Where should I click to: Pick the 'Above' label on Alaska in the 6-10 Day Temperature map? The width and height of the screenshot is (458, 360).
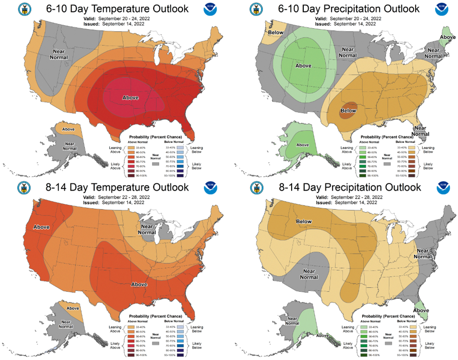[x=68, y=129]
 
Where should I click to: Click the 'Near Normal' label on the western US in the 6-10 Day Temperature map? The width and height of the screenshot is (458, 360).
[x=59, y=54]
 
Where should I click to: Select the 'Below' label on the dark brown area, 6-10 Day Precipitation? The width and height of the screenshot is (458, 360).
[x=348, y=111]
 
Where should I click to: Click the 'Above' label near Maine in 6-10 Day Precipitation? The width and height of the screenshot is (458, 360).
[x=448, y=37]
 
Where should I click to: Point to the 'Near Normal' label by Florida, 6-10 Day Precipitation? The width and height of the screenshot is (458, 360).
[x=420, y=131]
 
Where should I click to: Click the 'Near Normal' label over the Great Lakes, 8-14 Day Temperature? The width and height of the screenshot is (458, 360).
[x=147, y=229]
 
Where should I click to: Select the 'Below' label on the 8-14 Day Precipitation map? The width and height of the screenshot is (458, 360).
[x=304, y=221]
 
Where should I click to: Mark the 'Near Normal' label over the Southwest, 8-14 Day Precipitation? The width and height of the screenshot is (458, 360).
[x=308, y=274]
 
